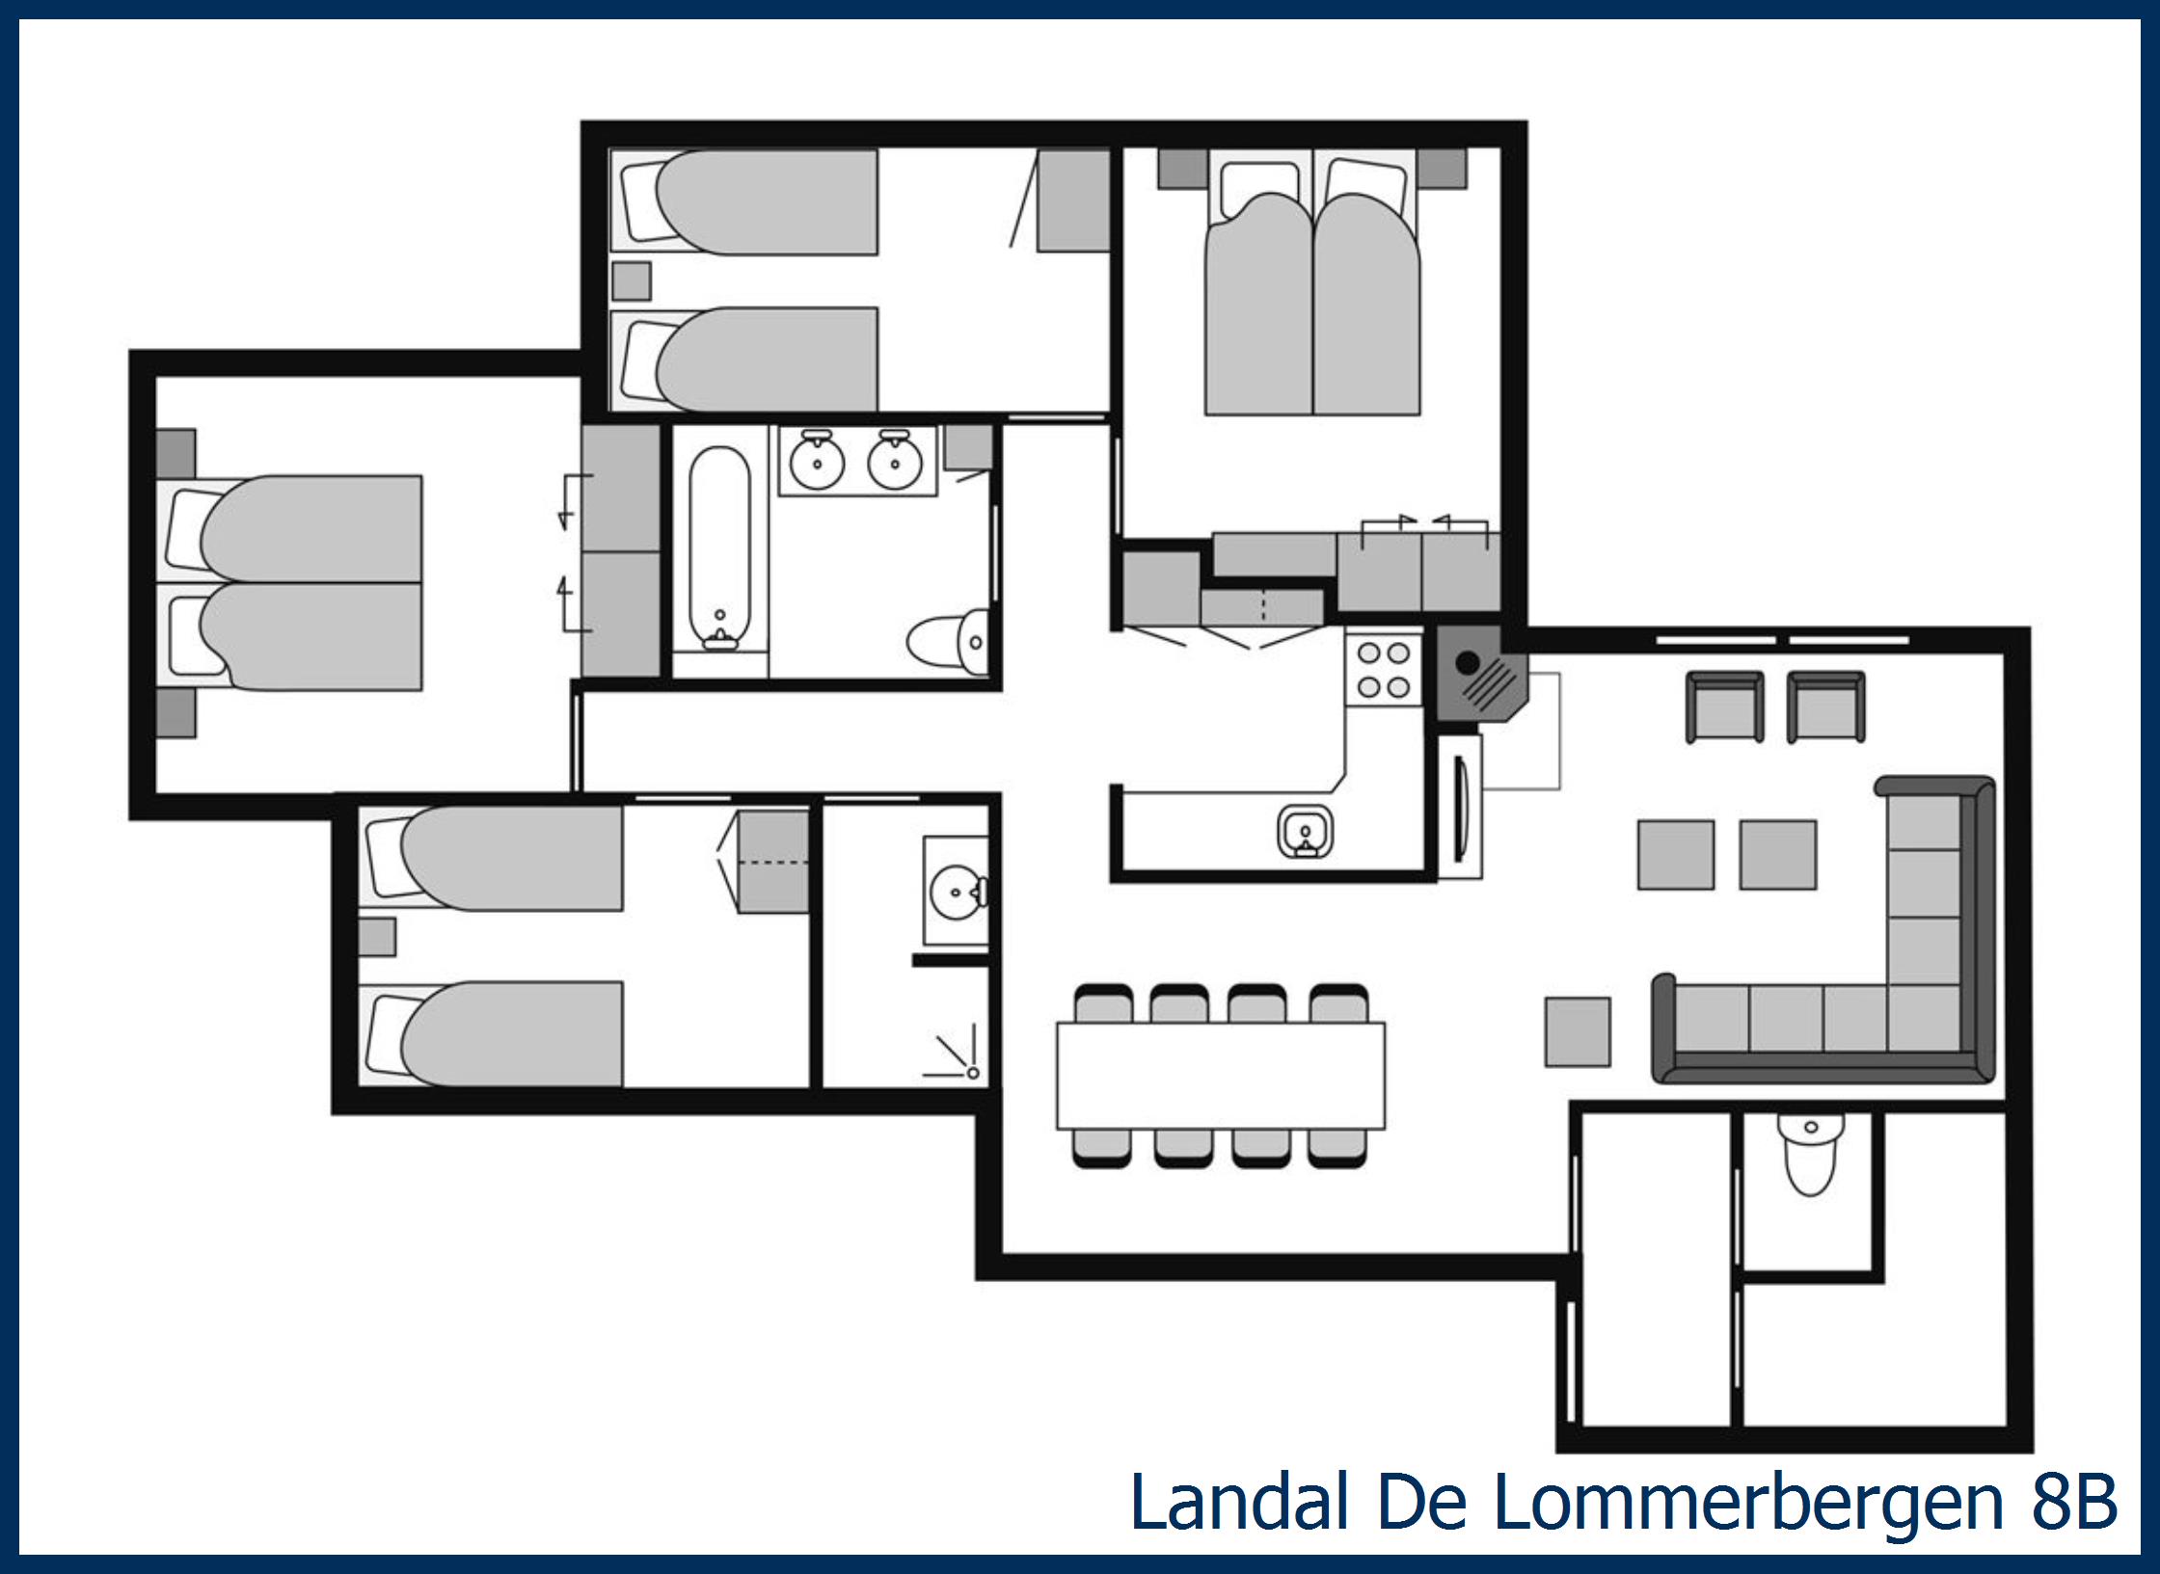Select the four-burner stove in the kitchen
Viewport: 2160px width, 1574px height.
click(1384, 670)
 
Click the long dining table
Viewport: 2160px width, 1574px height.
click(1221, 1075)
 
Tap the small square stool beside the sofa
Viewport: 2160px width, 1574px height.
click(1578, 1032)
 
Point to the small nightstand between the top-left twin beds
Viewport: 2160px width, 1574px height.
click(632, 281)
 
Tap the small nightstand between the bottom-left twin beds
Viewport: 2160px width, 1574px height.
click(377, 937)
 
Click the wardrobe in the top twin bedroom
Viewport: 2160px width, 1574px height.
click(1072, 200)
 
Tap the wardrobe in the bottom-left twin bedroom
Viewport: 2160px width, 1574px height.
click(772, 862)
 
